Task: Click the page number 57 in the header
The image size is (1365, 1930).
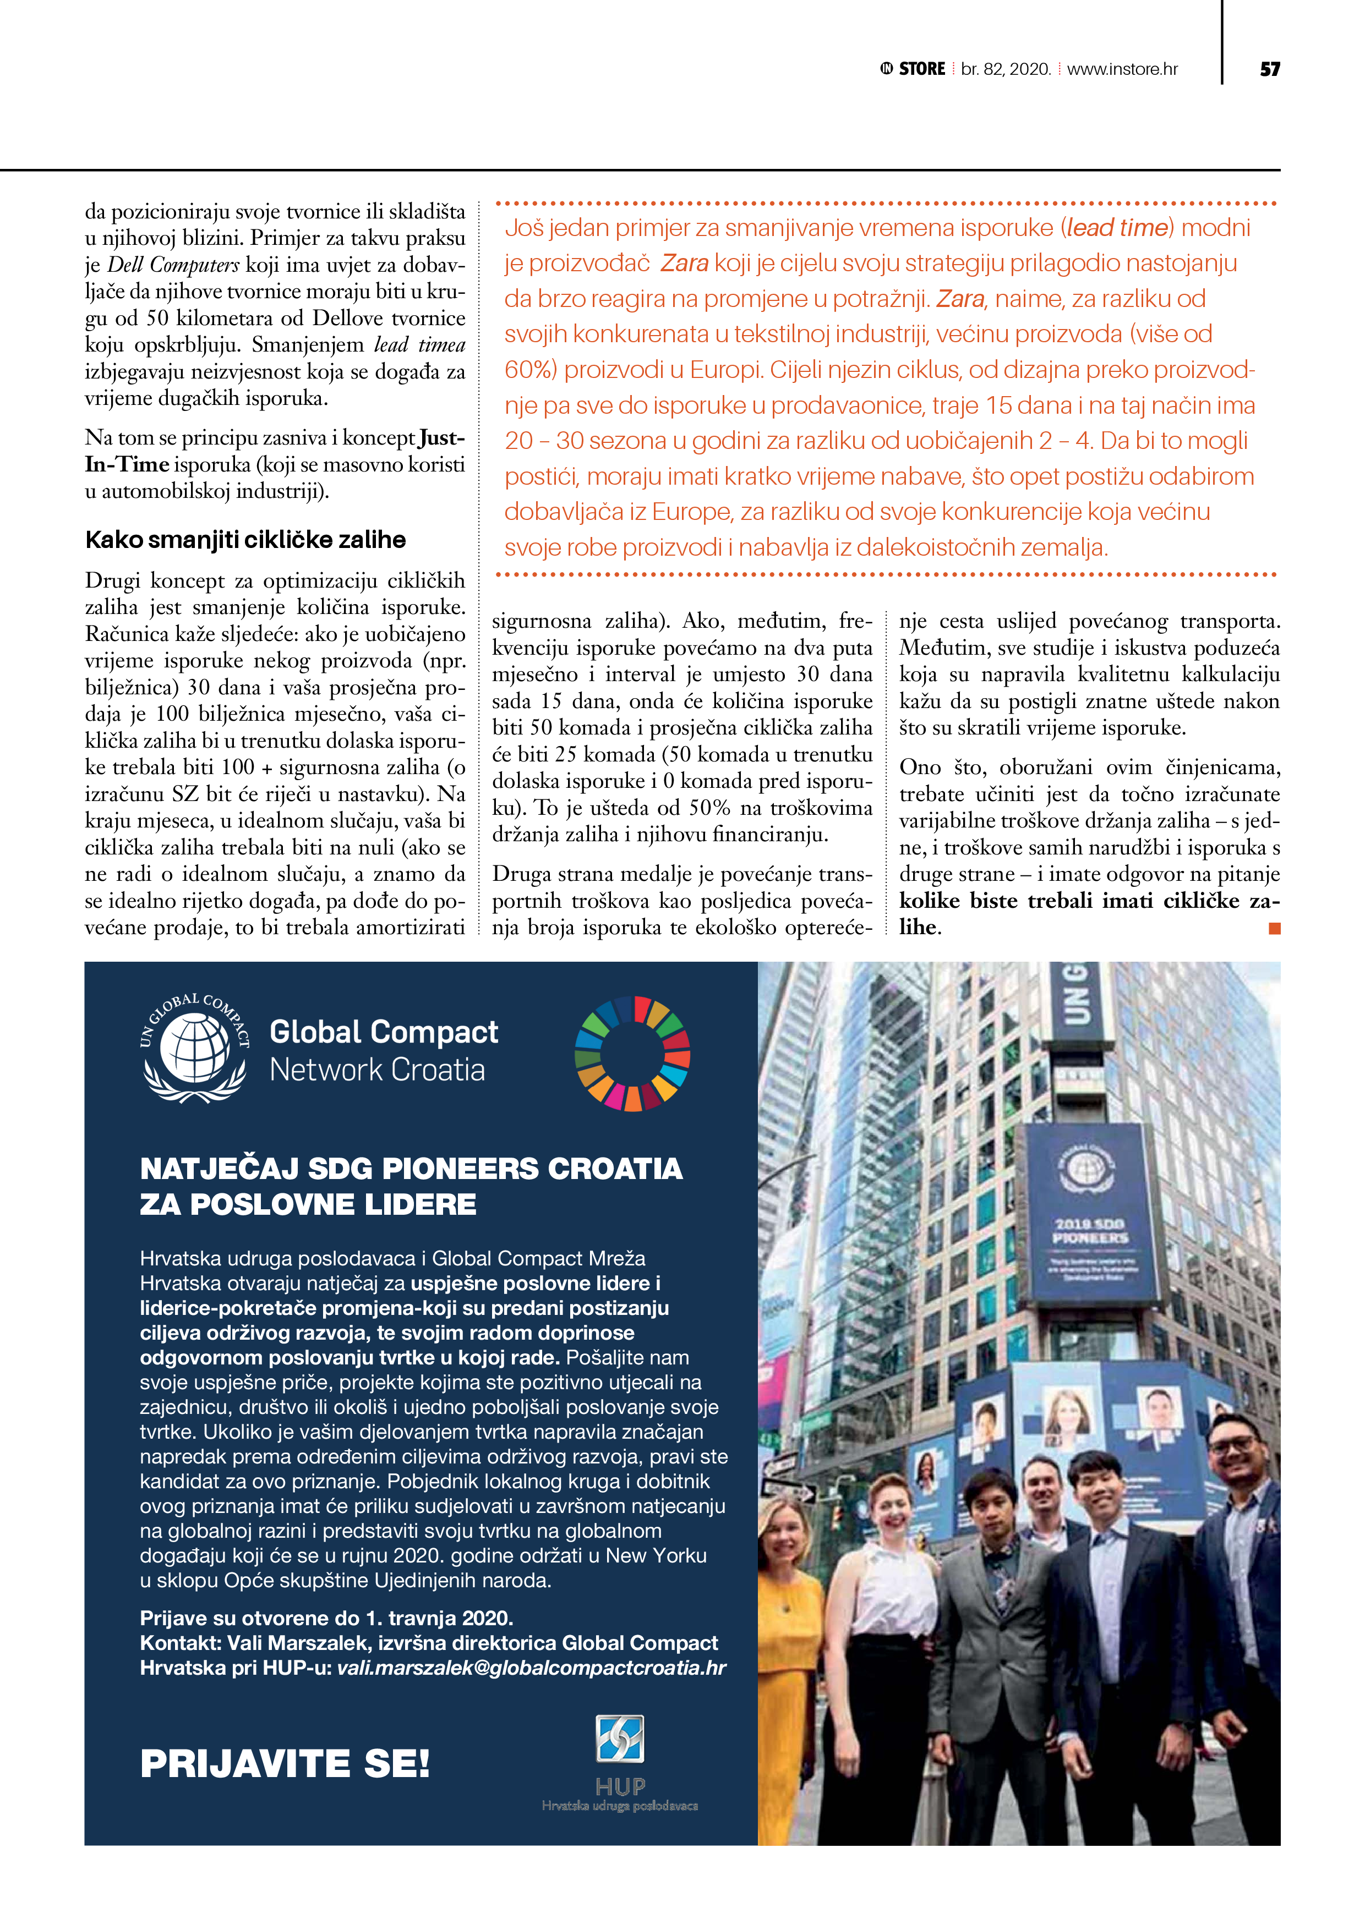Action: coord(1269,69)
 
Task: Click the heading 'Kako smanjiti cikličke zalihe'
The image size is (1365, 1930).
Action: coord(245,540)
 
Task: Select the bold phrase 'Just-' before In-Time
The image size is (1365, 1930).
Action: coord(441,438)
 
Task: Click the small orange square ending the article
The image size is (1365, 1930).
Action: coord(1274,928)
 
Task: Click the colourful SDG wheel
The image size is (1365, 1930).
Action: coord(632,1053)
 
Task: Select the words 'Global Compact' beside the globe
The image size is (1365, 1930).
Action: coord(384,1032)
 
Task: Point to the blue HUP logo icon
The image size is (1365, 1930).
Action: coord(620,1739)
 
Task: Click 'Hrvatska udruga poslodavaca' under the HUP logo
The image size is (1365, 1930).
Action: coord(620,1806)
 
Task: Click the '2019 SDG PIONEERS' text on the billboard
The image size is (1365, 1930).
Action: coord(1090,1231)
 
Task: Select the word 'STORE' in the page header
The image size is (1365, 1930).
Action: coord(922,69)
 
